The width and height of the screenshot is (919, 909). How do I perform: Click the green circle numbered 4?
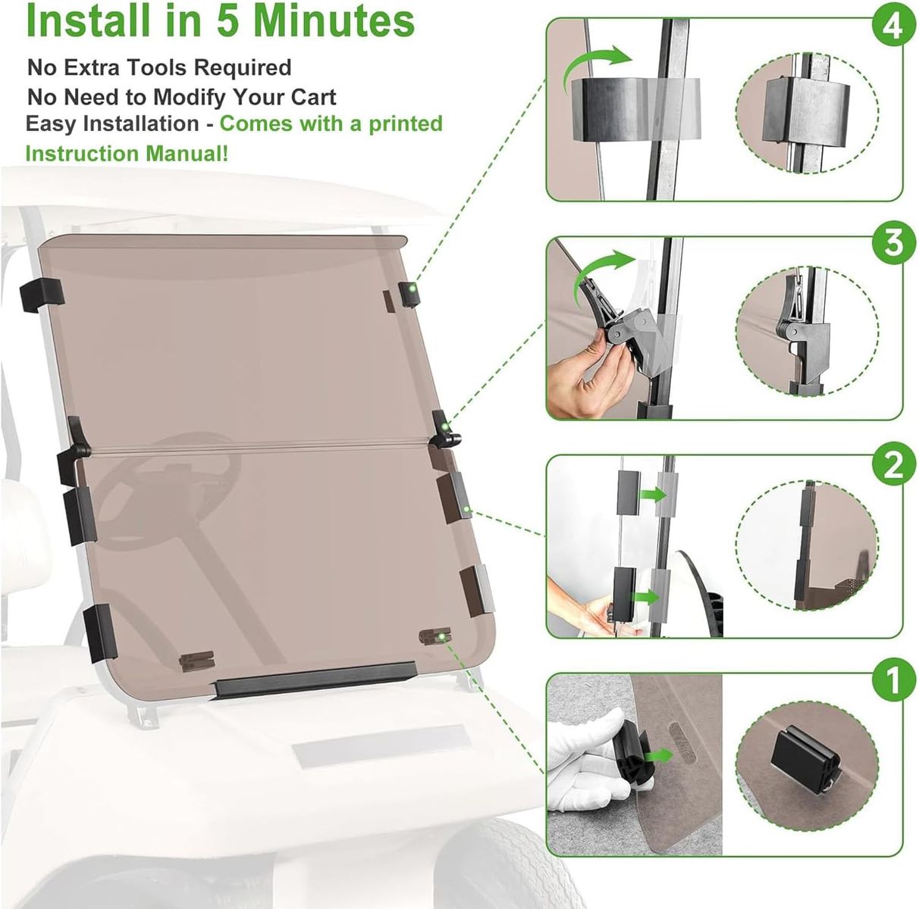pyautogui.click(x=893, y=27)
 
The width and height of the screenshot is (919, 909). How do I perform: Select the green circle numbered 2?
pyautogui.click(x=893, y=465)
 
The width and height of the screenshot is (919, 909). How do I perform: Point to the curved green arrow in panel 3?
pyautogui.click(x=606, y=270)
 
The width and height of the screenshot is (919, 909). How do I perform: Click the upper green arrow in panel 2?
pyautogui.click(x=653, y=495)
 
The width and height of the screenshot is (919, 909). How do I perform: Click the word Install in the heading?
pyautogui.click(x=90, y=21)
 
